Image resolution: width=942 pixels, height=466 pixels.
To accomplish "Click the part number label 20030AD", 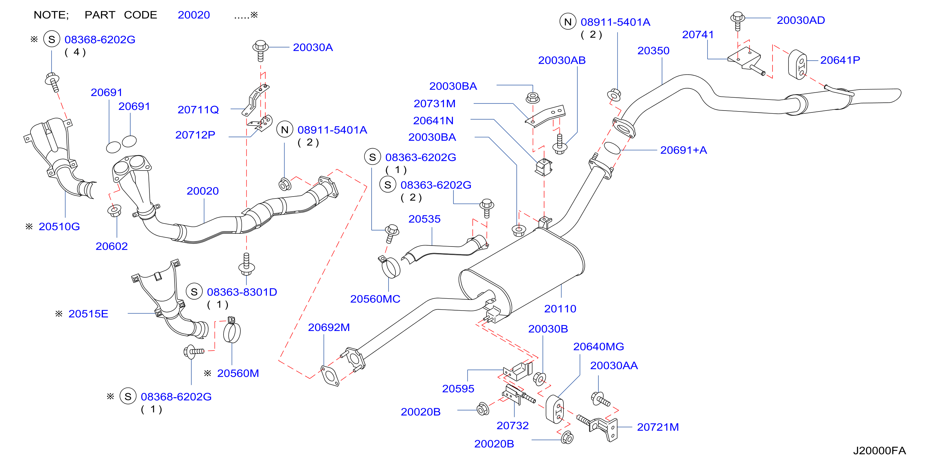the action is (800, 20).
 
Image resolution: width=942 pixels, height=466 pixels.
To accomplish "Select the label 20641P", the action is (840, 60).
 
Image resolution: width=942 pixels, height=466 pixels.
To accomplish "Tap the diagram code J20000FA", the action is (880, 451).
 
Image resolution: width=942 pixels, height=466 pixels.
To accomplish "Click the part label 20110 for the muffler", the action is (560, 309).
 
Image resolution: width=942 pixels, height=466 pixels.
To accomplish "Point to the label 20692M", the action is (329, 328).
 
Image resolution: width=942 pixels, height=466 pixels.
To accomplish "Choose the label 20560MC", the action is (375, 299).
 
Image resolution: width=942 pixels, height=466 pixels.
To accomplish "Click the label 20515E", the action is (88, 314).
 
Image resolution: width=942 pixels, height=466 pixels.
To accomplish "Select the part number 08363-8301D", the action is (242, 292).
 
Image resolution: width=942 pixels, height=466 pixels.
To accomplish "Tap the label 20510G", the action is (59, 226).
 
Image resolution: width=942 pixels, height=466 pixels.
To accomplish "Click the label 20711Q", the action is (198, 110).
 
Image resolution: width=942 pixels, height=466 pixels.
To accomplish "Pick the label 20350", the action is (653, 51).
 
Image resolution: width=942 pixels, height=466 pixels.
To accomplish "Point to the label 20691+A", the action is (683, 150).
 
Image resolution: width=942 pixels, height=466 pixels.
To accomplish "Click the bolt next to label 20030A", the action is (260, 50).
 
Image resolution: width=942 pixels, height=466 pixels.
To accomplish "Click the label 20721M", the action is (658, 427).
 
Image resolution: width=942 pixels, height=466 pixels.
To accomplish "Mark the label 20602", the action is (111, 246).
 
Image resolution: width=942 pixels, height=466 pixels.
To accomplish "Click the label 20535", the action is (424, 219).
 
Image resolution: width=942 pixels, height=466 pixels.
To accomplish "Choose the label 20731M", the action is (434, 104).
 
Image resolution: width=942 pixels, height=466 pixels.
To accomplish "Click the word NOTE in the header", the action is (51, 15).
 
